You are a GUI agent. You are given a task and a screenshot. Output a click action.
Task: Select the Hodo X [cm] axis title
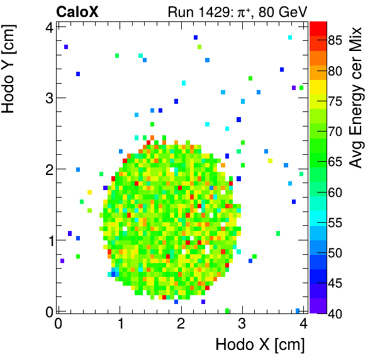tap(260, 345)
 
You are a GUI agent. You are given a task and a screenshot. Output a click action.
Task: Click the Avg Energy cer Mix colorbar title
tap(358, 98)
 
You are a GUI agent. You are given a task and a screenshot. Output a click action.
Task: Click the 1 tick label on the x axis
tap(120, 324)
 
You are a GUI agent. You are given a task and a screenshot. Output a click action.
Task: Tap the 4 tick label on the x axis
tap(304, 324)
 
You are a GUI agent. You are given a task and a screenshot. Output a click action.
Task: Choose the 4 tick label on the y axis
tap(48, 27)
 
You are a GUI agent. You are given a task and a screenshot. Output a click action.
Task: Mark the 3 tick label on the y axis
tap(48, 98)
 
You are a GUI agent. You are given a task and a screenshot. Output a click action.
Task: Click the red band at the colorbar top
tap(318, 27)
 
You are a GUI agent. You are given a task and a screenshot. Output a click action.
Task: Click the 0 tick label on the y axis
tap(48, 310)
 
